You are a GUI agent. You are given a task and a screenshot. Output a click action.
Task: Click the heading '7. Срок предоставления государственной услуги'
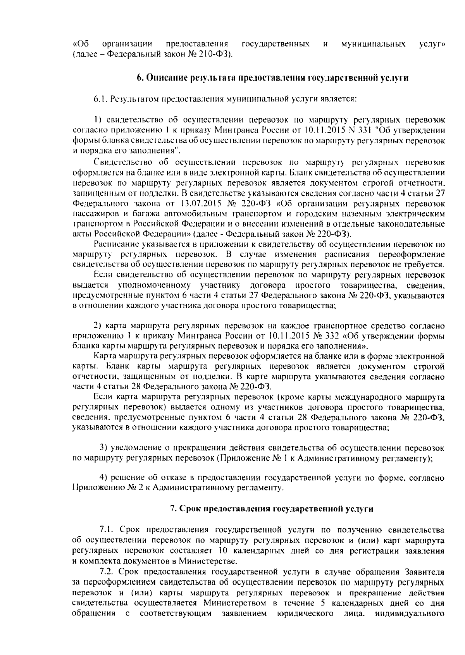272,509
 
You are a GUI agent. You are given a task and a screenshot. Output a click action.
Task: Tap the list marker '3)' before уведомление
103,448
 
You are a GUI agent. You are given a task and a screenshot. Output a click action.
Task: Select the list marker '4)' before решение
103,478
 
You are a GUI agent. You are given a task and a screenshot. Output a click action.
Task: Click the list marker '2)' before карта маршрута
98,325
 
